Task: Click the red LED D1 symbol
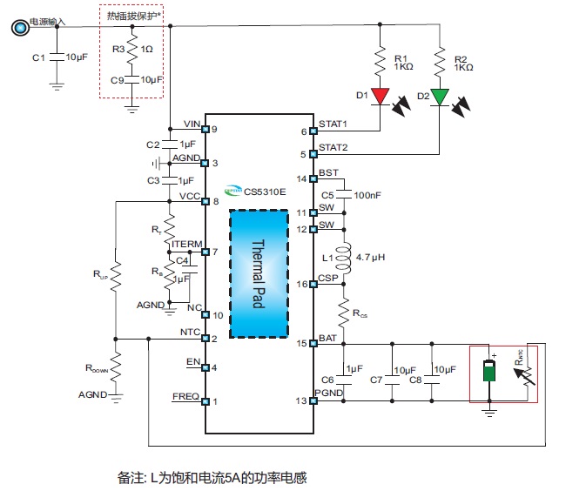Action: [x=381, y=95]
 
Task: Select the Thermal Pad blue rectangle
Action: [x=259, y=272]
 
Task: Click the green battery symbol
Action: [x=490, y=369]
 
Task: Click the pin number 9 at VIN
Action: [x=214, y=130]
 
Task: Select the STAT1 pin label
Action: [x=333, y=124]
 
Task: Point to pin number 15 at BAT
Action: [x=302, y=343]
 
